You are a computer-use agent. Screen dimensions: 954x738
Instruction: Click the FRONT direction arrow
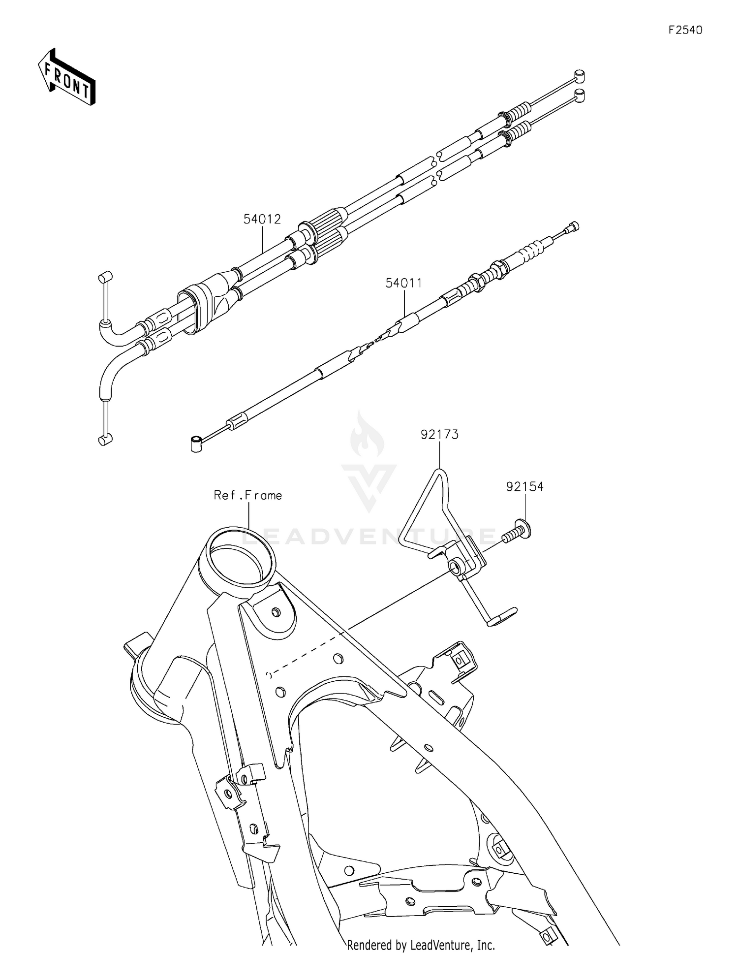coord(66,77)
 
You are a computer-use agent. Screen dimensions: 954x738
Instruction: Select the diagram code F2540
coord(685,30)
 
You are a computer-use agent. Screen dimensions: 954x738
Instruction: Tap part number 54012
coord(262,219)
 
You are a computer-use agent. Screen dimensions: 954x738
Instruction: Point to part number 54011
coord(403,283)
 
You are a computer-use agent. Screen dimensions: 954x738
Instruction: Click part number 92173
coord(439,435)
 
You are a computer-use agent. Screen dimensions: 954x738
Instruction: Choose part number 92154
coord(524,487)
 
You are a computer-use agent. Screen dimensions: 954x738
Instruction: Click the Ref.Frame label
coord(247,495)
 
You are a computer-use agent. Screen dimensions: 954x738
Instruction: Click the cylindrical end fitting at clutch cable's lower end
coord(196,443)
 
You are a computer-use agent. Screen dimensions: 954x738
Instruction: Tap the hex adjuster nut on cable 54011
coord(475,282)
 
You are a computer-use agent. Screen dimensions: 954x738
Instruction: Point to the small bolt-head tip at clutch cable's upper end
coord(573,226)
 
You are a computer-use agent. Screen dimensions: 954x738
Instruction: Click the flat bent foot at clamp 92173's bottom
coord(502,616)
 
